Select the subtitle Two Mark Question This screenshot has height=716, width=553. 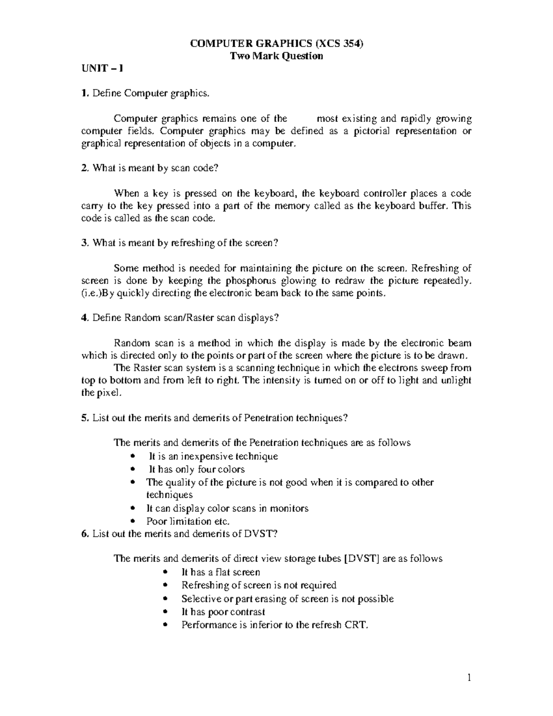[x=276, y=56]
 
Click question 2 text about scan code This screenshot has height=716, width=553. [x=154, y=168]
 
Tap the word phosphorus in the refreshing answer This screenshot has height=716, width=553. [x=251, y=281]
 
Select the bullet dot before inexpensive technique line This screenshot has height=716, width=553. [x=133, y=456]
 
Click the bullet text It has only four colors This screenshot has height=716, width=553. [x=196, y=469]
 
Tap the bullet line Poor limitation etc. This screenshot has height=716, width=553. [x=188, y=521]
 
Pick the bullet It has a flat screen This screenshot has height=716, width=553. [x=221, y=572]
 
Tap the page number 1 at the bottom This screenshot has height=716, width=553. [x=469, y=678]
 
